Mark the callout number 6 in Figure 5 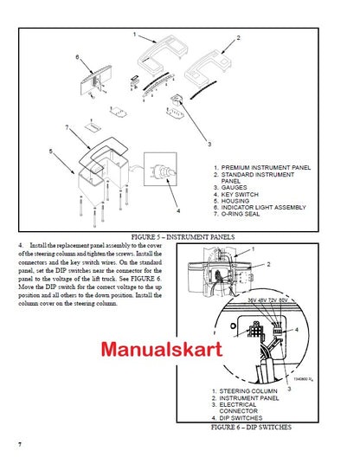point(77,57)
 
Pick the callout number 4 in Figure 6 point(320,330)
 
